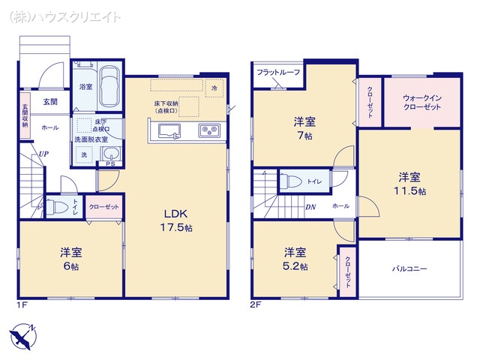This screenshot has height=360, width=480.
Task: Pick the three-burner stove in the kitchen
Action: [208, 132]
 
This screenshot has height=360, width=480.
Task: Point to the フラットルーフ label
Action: [278, 72]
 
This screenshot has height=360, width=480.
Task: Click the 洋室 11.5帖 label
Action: [409, 183]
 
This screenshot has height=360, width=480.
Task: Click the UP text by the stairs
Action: [45, 153]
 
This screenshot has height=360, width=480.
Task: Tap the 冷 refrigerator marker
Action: [214, 87]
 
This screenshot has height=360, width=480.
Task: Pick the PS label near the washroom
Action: [109, 164]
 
